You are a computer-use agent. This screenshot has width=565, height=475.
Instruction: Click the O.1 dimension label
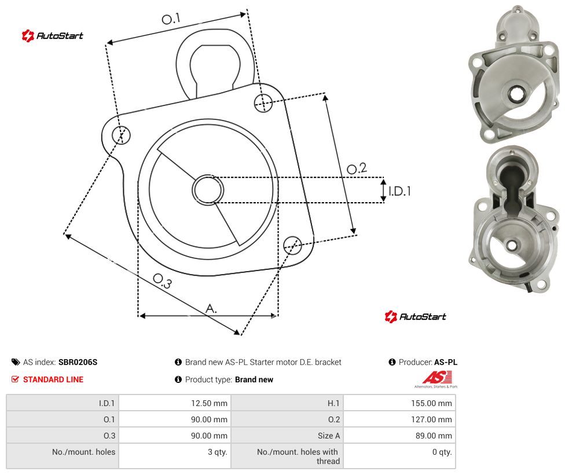point(171,19)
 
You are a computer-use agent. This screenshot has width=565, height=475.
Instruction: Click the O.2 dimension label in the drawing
point(357,168)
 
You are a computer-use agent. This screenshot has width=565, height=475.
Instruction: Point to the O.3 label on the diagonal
point(163,281)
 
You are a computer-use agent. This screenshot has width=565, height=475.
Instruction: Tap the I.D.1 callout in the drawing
point(399,191)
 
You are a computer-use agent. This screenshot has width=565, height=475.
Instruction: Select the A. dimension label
point(211,309)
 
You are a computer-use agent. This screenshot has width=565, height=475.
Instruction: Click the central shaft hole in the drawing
point(208,190)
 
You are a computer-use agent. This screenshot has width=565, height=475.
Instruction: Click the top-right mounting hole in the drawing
point(263,103)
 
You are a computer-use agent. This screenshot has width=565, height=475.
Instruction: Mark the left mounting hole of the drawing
point(121,135)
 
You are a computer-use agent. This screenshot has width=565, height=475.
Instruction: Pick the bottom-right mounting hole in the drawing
point(292,245)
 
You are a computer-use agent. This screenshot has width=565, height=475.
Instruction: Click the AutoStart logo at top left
point(53,36)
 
